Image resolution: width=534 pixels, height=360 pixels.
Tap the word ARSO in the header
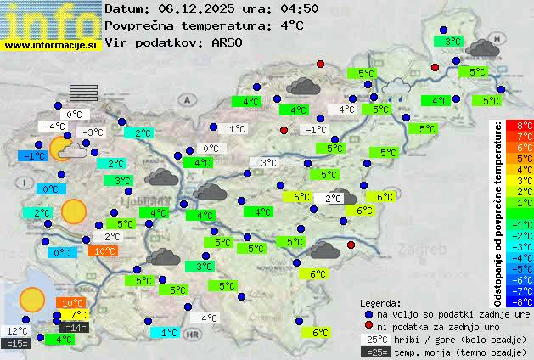[233, 42]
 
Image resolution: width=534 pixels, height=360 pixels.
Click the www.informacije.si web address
[51, 44]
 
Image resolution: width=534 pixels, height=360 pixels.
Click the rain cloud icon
[396, 87]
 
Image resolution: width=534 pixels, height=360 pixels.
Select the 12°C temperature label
[17, 331]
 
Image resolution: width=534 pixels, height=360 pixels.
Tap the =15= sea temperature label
[16, 344]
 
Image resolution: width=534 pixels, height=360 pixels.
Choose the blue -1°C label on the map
[33, 156]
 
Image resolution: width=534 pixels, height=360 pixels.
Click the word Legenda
[381, 302]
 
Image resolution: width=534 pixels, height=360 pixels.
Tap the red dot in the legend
[368, 326]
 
